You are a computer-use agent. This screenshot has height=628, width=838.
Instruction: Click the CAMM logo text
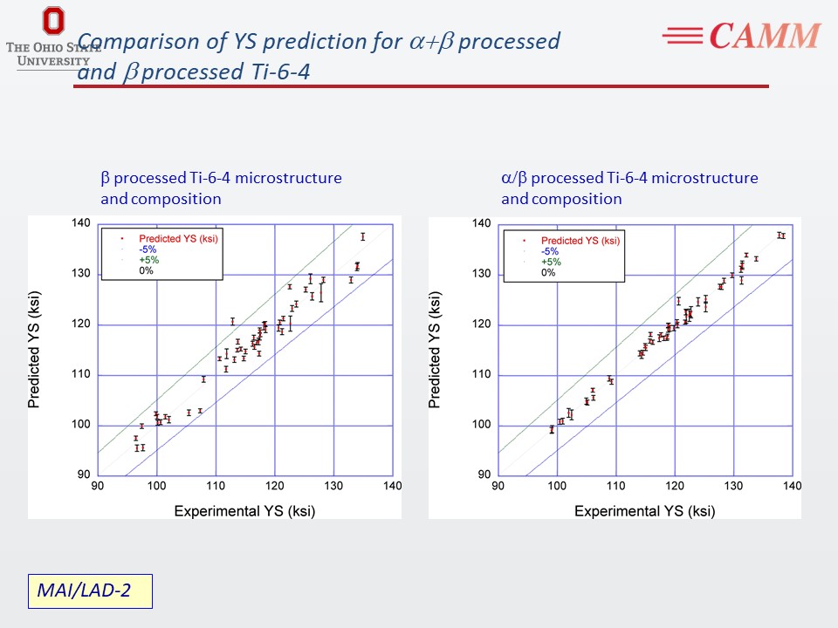(765, 36)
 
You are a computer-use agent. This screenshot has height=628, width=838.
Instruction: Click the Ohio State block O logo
(53, 22)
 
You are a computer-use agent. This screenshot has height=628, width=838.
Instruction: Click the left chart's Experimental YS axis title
(244, 510)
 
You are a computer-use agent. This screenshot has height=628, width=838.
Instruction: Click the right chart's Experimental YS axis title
(644, 511)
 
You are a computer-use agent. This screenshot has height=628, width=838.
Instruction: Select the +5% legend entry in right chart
(552, 262)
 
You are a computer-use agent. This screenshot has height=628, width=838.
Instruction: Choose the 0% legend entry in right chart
(548, 272)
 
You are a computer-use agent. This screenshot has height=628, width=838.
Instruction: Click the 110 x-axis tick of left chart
(216, 486)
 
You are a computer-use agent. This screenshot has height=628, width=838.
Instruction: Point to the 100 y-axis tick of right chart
(482, 426)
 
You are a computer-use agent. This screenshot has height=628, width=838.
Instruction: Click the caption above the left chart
(221, 188)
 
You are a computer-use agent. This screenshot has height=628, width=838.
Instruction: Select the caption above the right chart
(629, 188)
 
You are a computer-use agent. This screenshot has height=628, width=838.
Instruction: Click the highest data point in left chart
(362, 236)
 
